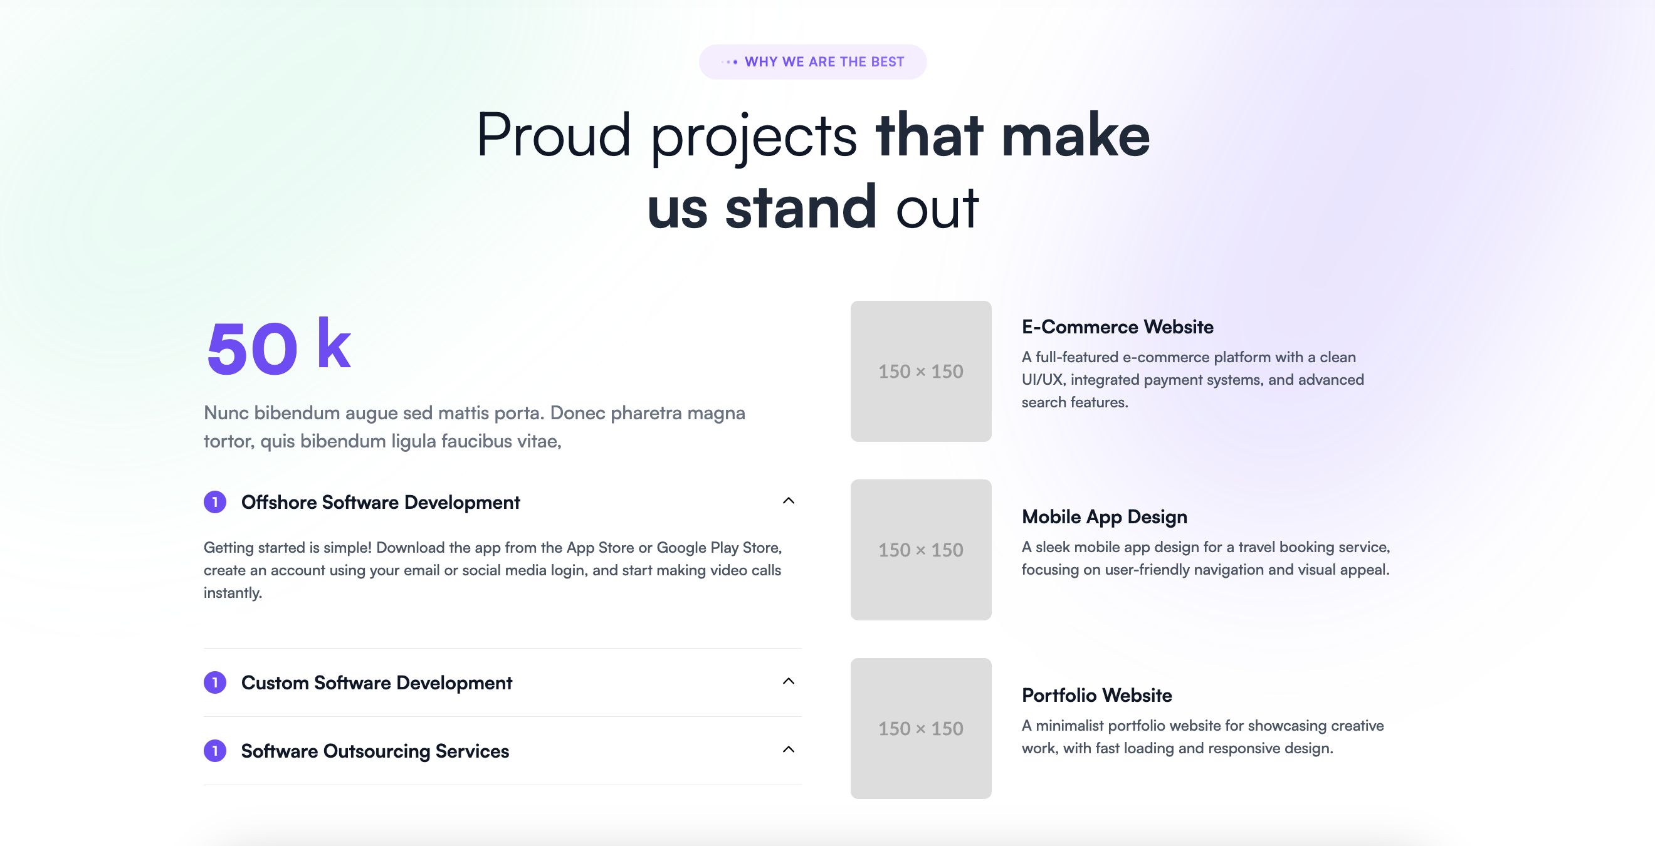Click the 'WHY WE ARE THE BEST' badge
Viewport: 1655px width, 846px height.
coord(812,61)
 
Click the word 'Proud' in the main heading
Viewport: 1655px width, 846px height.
coord(553,135)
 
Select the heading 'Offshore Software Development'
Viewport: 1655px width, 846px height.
coord(381,502)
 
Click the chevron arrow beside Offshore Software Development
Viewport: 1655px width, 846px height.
coord(788,501)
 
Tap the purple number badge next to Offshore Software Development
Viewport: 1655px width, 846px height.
coord(214,502)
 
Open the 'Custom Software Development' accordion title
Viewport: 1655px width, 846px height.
coord(377,682)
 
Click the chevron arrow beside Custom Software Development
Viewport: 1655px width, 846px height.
coord(788,681)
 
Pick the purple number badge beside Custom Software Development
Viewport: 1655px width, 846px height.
coord(214,682)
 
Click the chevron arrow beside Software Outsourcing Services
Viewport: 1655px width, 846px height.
coord(788,749)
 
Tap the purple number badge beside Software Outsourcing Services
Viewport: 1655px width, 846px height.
coord(214,750)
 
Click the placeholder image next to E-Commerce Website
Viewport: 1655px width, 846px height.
coord(921,370)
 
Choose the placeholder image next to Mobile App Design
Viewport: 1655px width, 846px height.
coord(921,549)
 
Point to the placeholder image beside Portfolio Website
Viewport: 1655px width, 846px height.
coord(921,728)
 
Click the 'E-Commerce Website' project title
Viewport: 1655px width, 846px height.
coord(1117,326)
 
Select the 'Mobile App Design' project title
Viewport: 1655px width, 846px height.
coord(1105,516)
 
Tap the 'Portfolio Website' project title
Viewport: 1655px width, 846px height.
coord(1096,695)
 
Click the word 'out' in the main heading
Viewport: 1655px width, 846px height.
coord(937,208)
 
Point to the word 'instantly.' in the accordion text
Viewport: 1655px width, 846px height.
coord(233,592)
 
